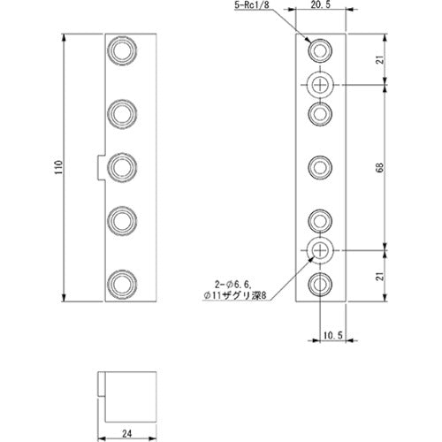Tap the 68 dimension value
pos(403,167)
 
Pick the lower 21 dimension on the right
pos(403,275)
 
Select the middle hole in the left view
pos(120,166)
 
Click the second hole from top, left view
pos(120,112)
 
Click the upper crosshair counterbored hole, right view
pos(320,84)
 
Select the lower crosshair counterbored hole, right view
pos(320,251)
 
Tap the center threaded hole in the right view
pos(320,167)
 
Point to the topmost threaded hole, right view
pos(320,48)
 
